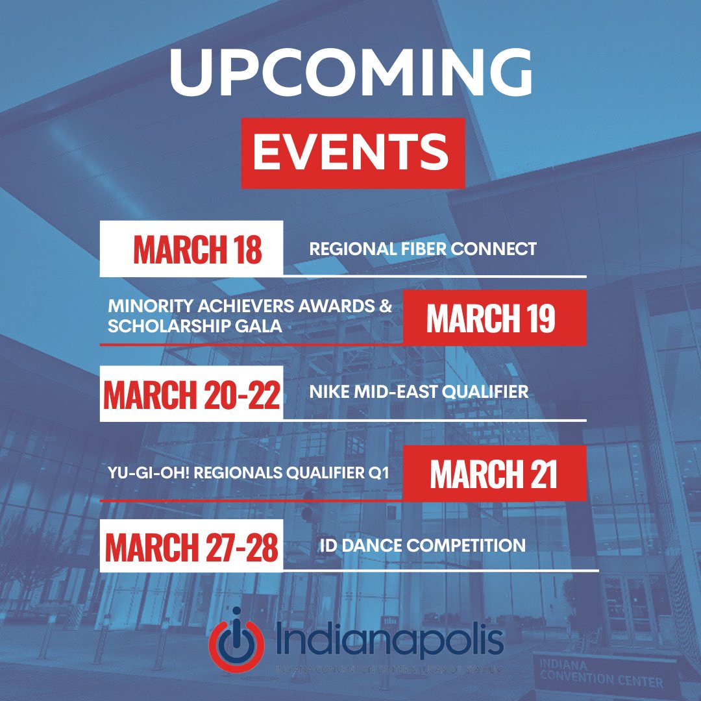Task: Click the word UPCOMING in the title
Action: [x=350, y=74]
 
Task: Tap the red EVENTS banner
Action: [x=353, y=153]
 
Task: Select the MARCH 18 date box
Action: [x=191, y=249]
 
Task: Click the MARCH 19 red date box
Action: [x=494, y=318]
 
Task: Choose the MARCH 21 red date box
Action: [x=494, y=473]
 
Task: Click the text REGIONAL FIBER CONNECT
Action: [x=423, y=249]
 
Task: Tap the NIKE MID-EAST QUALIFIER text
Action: [x=419, y=392]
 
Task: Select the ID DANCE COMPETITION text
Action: [x=423, y=545]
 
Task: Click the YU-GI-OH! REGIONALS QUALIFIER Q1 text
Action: [x=249, y=473]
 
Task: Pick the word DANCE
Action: [x=375, y=545]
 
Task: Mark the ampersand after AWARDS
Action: [x=386, y=306]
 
